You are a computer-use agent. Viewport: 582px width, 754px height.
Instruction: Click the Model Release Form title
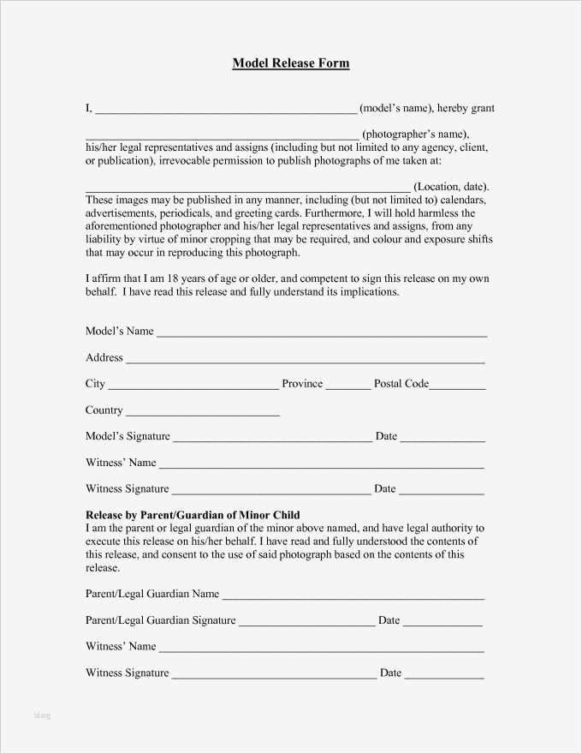tap(291, 63)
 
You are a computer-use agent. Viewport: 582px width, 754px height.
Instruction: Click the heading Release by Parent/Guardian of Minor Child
tap(193, 515)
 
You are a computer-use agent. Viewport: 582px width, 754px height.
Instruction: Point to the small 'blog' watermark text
tap(42, 715)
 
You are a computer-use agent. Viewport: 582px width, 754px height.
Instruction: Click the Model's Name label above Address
tap(119, 332)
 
